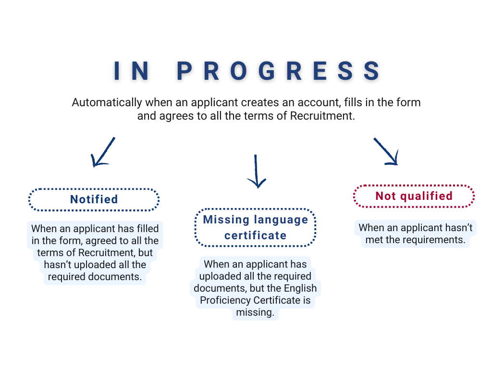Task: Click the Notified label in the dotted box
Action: click(94, 199)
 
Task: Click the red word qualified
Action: click(426, 196)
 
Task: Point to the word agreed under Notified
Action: click(101, 240)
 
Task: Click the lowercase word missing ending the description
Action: click(255, 313)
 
